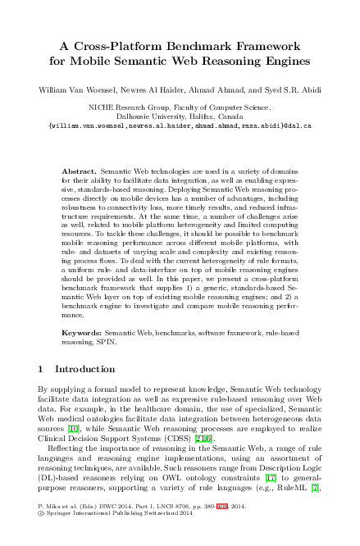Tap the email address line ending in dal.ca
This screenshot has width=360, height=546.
(x=180, y=127)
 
